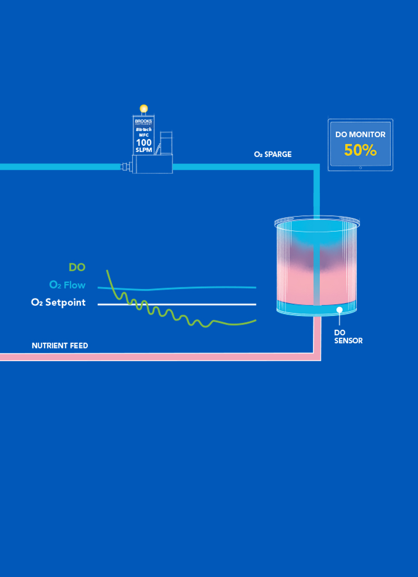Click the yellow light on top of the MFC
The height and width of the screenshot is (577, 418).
(144, 109)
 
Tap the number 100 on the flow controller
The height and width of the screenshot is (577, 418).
(144, 142)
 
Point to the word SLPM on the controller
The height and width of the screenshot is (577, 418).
(144, 149)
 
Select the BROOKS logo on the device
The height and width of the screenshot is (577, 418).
(144, 121)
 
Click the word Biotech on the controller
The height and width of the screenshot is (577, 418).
(144, 129)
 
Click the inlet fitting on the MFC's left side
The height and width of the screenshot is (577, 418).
(126, 167)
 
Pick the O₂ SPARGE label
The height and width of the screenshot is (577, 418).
(273, 155)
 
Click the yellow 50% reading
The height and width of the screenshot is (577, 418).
(360, 151)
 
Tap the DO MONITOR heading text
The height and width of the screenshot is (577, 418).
(361, 134)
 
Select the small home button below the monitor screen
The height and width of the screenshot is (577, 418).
(361, 168)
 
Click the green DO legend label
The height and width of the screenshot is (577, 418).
(77, 268)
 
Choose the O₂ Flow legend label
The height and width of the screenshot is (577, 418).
(67, 285)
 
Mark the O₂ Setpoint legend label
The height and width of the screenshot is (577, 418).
(59, 303)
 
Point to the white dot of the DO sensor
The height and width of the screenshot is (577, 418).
(339, 310)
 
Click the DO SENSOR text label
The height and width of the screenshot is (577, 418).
(348, 337)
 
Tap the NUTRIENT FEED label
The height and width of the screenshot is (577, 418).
(60, 345)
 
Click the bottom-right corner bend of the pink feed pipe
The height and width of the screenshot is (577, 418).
(317, 356)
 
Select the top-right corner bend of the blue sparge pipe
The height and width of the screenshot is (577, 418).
(316, 167)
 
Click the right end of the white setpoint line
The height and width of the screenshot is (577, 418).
(256, 304)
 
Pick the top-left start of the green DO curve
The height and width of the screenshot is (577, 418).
(107, 271)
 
